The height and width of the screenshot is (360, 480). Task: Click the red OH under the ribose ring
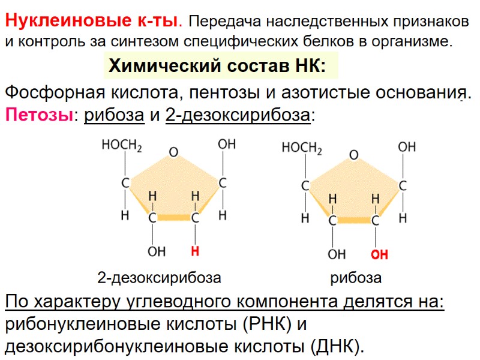379,255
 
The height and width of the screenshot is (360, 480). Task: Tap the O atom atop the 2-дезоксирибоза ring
173,152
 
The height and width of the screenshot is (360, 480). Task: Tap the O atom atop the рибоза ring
353,155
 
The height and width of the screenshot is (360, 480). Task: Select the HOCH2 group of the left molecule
122,146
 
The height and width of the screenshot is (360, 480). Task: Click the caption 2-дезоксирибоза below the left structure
159,278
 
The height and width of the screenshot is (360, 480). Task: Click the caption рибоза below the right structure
356,278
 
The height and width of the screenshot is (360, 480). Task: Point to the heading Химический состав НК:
217,67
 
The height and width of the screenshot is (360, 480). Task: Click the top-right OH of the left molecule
226,145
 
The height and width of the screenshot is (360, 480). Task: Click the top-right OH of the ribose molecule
407,147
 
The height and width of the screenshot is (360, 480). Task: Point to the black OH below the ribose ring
336,255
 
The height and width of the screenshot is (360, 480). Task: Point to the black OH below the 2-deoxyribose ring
156,252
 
